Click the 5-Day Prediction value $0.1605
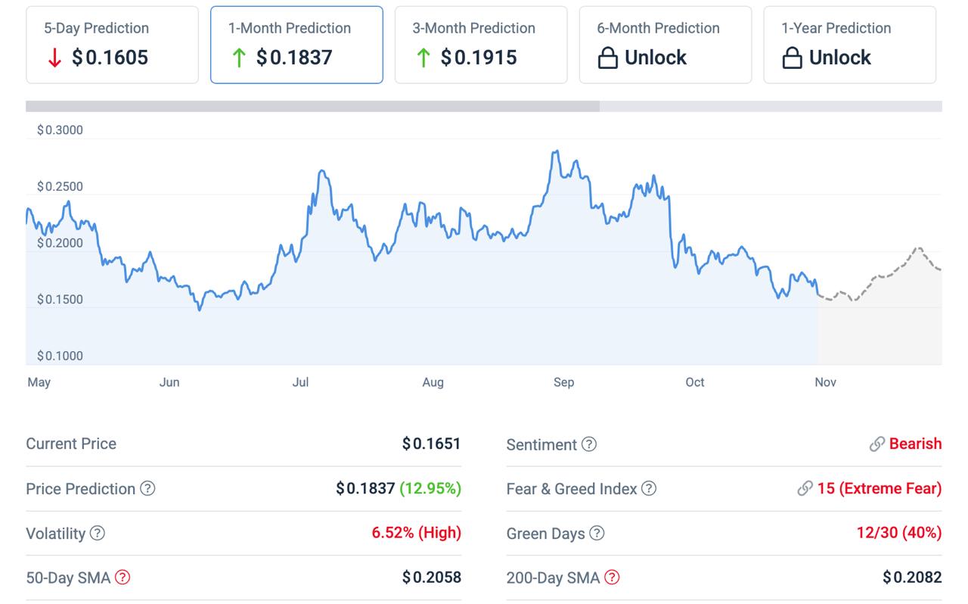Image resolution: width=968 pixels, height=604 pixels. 110,58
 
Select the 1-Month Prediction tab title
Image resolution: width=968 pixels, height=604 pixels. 290,28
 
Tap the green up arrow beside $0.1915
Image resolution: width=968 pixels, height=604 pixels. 423,58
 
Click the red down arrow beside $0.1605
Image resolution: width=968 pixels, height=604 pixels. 54,58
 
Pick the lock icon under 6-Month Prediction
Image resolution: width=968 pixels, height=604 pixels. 608,58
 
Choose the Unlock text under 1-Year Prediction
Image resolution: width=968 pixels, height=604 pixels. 839,58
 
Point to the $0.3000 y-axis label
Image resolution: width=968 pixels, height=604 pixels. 60,130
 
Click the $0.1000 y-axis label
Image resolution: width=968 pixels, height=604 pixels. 60,356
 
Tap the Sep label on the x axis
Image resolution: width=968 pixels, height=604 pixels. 563,382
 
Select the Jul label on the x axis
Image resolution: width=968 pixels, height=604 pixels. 301,382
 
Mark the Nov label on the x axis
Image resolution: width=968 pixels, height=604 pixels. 825,382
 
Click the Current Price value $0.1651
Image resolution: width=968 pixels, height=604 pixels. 431,444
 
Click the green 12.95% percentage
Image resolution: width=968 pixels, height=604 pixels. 430,489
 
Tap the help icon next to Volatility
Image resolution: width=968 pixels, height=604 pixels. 98,534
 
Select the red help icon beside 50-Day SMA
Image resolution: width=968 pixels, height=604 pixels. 123,578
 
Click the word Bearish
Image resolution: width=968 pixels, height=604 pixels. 915,444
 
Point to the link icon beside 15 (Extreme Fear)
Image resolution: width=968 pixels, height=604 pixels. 805,489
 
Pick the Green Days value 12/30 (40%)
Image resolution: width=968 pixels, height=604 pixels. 898,533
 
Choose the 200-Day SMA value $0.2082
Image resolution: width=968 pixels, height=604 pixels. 912,578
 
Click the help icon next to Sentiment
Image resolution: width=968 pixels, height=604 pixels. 589,444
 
